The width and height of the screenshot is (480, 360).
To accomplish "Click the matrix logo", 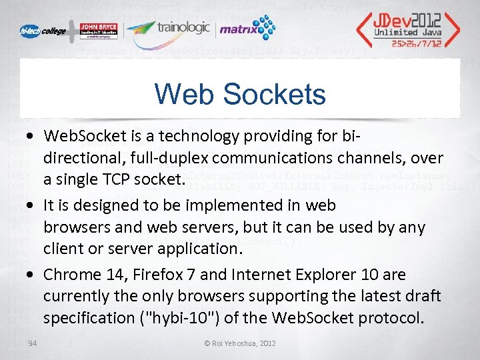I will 247,29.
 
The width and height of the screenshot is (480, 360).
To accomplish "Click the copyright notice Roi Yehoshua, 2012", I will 240,343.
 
